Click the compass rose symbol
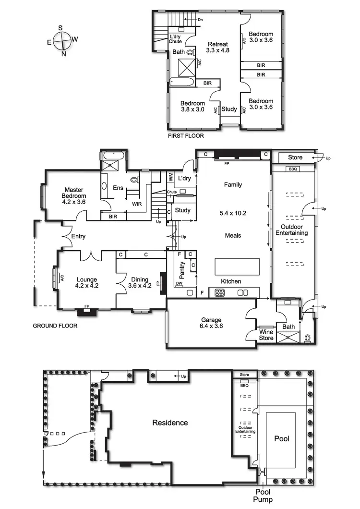click(x=61, y=41)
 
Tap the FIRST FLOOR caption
click(x=186, y=136)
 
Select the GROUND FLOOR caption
click(x=55, y=326)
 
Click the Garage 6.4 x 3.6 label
click(x=211, y=323)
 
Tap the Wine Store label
click(x=266, y=335)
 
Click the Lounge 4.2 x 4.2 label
click(x=86, y=282)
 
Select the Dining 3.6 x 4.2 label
click(x=140, y=282)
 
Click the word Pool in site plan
click(x=282, y=438)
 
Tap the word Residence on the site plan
click(x=170, y=423)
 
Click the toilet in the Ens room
click(x=134, y=180)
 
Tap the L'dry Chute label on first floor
click(x=175, y=39)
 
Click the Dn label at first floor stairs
click(x=200, y=20)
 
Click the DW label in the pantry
click(x=179, y=284)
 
